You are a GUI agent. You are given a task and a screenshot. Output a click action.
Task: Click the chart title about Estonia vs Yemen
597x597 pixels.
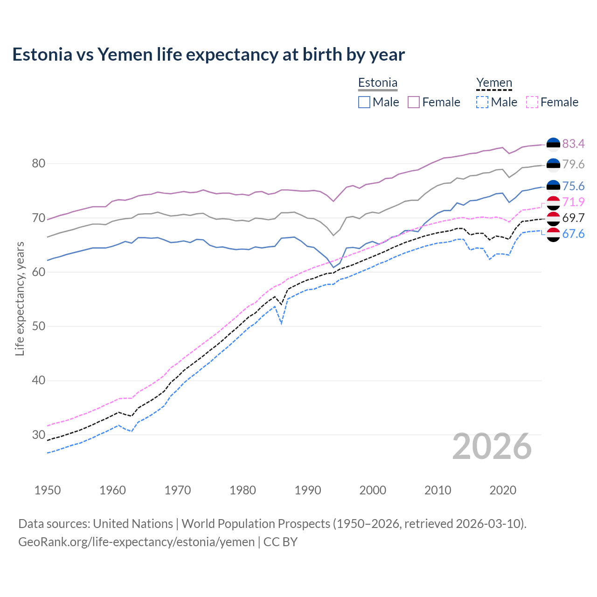(208, 55)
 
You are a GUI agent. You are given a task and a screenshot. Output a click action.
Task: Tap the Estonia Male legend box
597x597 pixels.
(364, 102)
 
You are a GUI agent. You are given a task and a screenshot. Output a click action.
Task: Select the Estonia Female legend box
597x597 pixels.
(414, 102)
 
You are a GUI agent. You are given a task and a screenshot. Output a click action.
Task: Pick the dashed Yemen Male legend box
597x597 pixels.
(482, 102)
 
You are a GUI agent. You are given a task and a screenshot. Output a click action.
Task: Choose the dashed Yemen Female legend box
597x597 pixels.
(532, 102)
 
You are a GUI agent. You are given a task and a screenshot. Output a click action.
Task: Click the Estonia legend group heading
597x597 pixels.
(378, 83)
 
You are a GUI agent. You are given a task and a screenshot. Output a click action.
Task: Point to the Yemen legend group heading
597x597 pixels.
(494, 83)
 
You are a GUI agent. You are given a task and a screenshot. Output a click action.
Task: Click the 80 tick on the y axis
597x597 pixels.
(39, 164)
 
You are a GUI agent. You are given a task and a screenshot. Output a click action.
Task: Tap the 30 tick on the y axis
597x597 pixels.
(39, 435)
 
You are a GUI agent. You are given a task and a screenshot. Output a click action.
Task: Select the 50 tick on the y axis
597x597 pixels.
(39, 326)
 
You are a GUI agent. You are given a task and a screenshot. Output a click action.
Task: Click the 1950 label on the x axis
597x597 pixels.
(48, 490)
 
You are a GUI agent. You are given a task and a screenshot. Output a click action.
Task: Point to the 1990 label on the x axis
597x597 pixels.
(308, 490)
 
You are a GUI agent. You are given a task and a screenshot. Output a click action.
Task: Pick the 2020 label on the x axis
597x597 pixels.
(503, 490)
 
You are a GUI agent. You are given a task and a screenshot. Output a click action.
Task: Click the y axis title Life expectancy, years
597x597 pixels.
(20, 298)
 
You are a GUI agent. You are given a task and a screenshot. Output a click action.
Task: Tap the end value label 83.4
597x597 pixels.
(573, 144)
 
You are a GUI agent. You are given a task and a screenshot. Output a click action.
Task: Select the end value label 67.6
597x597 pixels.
(573, 234)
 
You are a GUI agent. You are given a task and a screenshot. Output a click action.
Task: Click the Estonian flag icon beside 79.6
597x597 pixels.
(553, 165)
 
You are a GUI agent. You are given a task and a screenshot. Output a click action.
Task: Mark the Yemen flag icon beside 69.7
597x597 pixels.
(553, 218)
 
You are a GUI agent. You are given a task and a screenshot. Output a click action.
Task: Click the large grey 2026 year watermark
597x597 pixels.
(492, 446)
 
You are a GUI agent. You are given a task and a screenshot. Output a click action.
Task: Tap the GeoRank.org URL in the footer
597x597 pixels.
(136, 542)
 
